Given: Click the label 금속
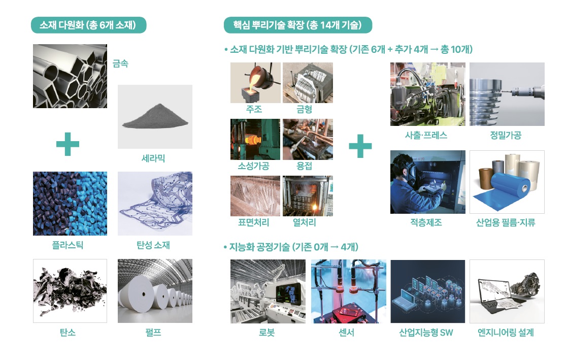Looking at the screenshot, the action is (120, 64).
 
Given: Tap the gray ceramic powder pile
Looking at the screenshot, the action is (155, 116).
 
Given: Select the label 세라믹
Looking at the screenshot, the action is (153, 158).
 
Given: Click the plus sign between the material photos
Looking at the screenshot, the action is (68, 144).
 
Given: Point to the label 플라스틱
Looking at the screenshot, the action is (68, 245).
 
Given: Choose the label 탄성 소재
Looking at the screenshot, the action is (153, 245).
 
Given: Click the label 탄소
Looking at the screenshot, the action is (68, 333).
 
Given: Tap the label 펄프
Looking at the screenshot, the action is (153, 333).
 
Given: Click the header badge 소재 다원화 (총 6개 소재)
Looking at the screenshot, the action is (89, 25).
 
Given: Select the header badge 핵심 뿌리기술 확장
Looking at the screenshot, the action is (298, 25).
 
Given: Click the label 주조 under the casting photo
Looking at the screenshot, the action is (254, 109).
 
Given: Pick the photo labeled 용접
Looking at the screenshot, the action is (308, 139).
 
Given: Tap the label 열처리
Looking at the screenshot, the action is (305, 222).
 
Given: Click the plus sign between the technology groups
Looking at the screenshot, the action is (360, 146).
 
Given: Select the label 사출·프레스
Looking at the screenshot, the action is (426, 135).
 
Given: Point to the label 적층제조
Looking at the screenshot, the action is (426, 222).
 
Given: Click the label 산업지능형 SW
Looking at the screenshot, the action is (426, 333).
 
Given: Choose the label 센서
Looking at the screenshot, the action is (346, 333).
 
